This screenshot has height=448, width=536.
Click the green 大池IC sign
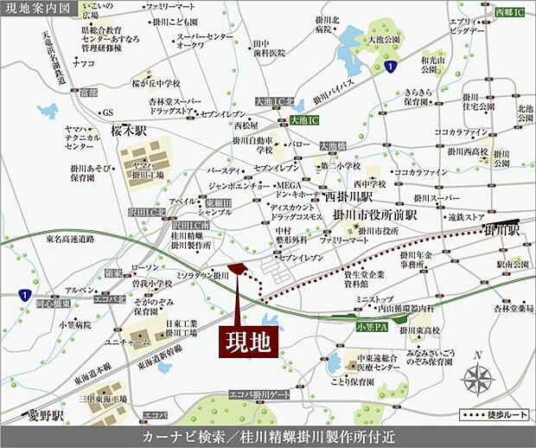304,119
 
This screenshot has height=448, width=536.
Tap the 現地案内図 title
36,8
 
